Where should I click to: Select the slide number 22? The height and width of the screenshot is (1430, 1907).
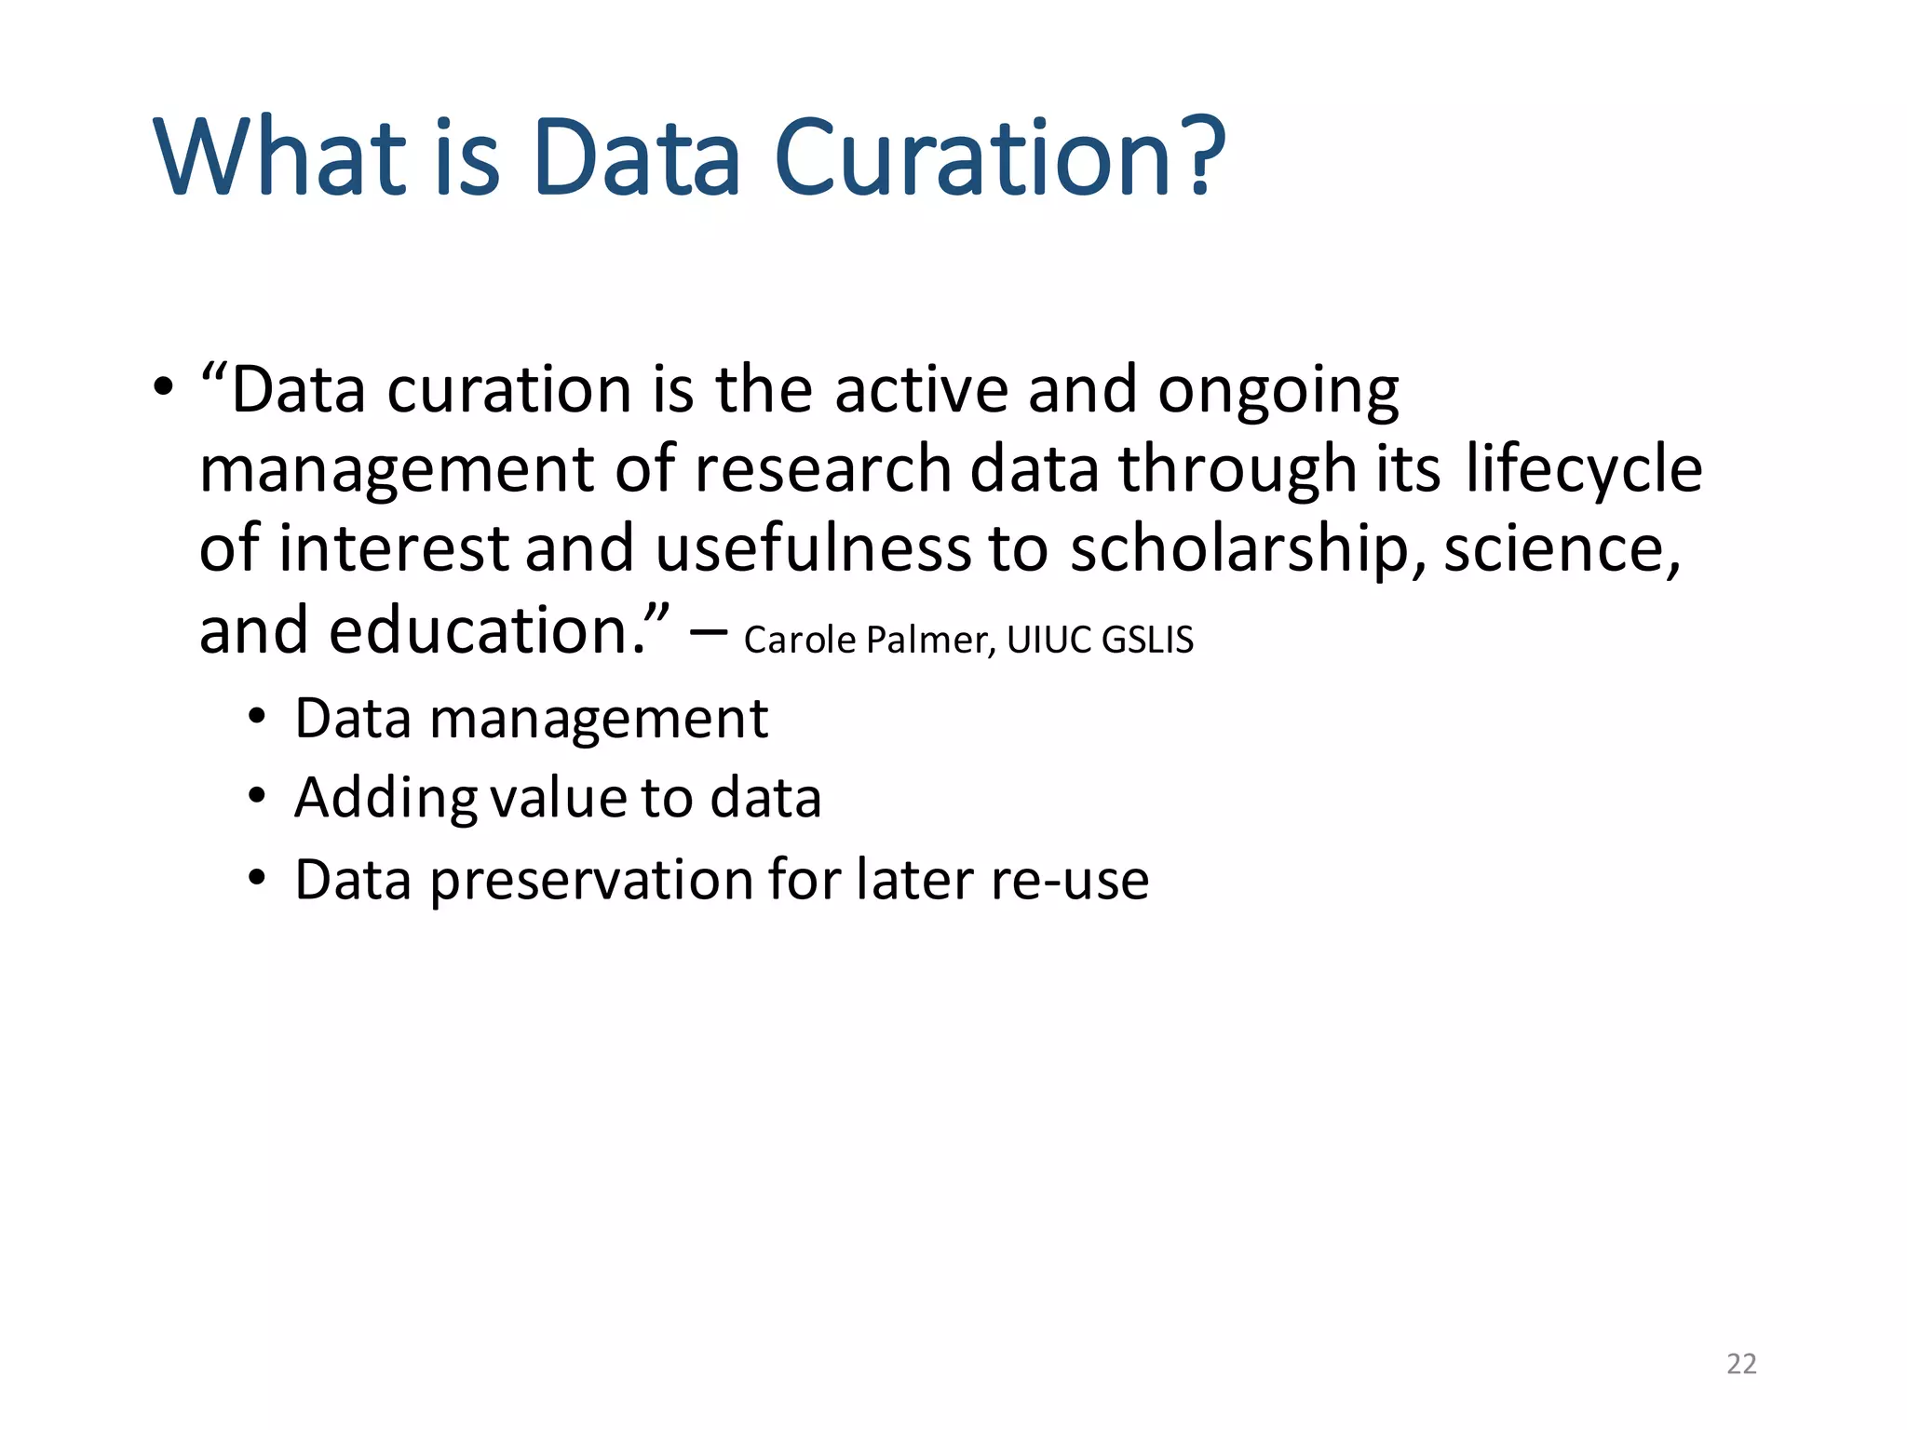click(x=1741, y=1363)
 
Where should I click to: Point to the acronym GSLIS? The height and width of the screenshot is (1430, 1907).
click(x=1146, y=641)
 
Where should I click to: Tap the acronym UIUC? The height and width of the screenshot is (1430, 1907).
click(x=1048, y=641)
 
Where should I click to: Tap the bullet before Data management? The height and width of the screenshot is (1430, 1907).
click(x=257, y=718)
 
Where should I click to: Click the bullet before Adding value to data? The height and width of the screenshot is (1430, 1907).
click(x=257, y=797)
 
